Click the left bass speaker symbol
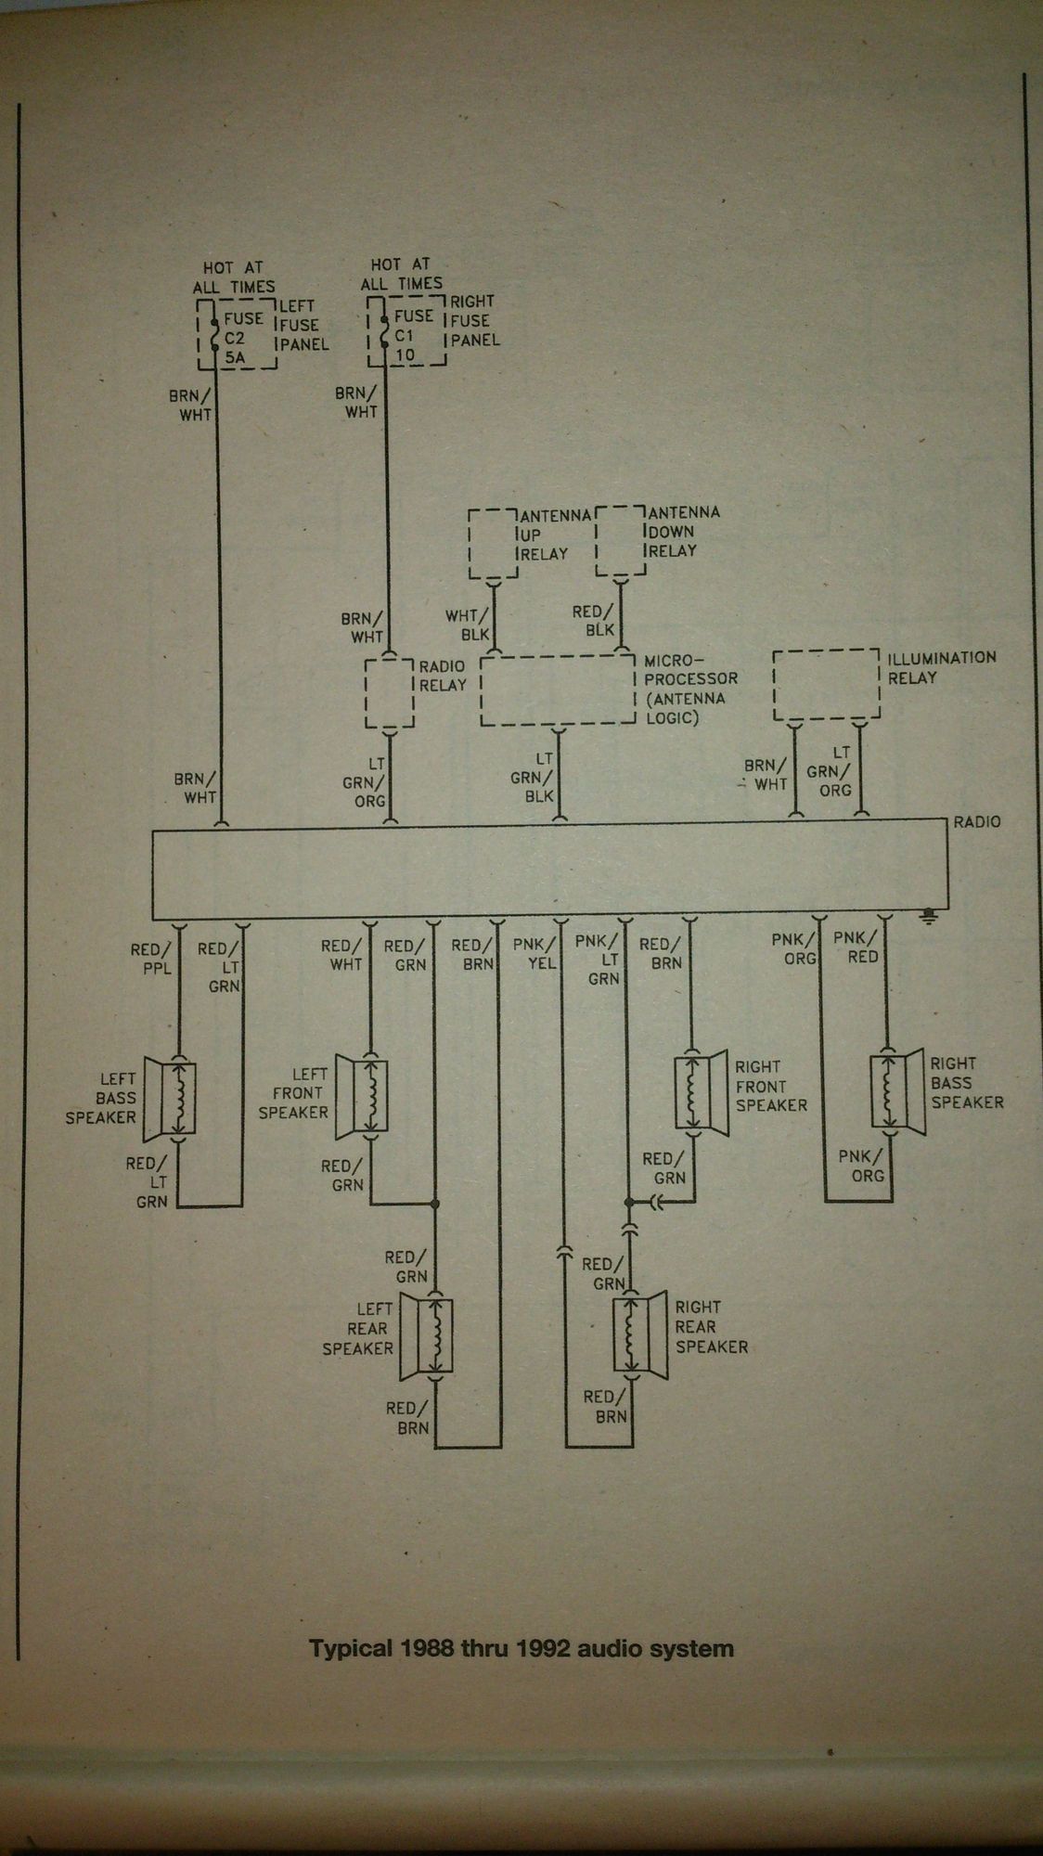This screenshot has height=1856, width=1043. coord(173,1097)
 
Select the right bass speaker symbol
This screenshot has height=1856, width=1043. coord(895,1091)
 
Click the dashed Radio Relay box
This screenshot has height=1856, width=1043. coord(390,693)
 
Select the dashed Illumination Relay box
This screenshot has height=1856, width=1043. coord(825,685)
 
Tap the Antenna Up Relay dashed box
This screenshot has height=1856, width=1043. coord(493,543)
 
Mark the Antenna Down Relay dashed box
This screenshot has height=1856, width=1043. coord(620,540)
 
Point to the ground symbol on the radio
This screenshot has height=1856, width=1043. coord(928,916)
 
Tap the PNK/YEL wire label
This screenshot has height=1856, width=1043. coord(534,954)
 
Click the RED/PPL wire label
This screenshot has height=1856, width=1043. coord(150,959)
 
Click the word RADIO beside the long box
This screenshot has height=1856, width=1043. coord(977,821)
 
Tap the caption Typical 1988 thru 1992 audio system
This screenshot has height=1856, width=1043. coord(521,1648)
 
